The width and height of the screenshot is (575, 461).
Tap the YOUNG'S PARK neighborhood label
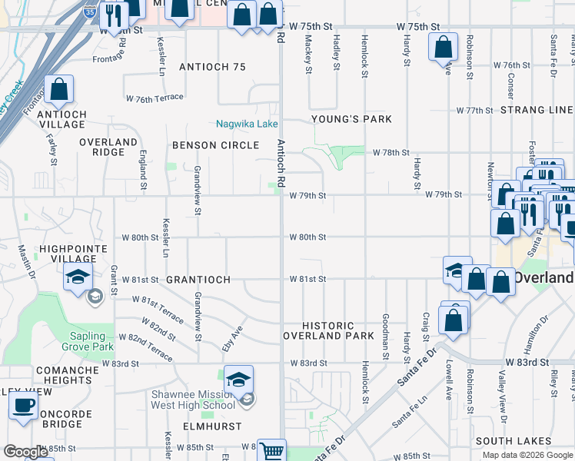click(351, 119)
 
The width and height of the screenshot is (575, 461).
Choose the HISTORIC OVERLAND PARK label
click(328, 331)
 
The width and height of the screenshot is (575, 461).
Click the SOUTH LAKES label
click(514, 441)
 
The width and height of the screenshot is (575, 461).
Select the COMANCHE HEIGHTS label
click(68, 375)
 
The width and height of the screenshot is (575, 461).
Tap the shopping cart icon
click(271, 450)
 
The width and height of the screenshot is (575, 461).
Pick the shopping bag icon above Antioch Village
click(59, 90)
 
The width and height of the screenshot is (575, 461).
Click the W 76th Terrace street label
click(155, 98)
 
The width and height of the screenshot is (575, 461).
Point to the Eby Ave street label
click(231, 338)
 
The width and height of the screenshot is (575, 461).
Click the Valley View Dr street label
click(503, 391)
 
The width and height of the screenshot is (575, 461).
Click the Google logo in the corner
click(26, 452)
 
